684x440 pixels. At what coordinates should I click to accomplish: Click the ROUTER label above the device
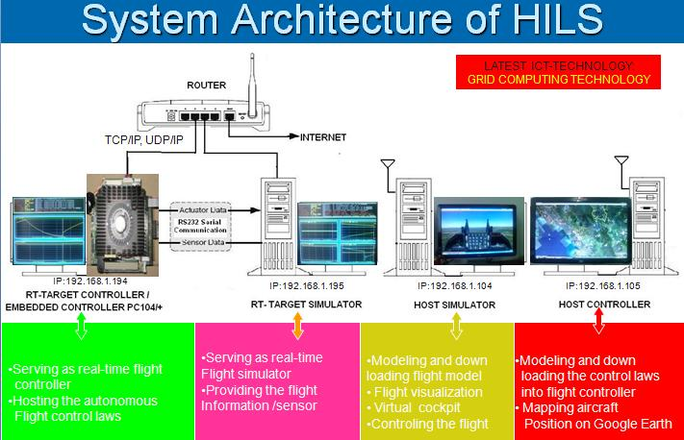coord(207,86)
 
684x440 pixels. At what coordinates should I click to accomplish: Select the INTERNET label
coord(323,137)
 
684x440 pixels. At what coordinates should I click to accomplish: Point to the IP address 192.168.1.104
coord(456,285)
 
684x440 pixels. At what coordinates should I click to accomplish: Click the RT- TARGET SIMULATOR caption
coord(306,305)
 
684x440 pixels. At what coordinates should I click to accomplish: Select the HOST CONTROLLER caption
coord(604,305)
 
